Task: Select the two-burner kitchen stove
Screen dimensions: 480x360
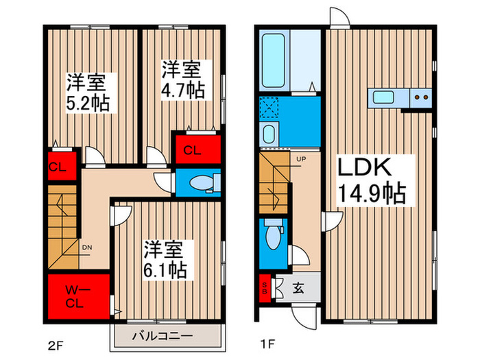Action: point(421,97)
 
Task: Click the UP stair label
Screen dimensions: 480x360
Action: point(301,159)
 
